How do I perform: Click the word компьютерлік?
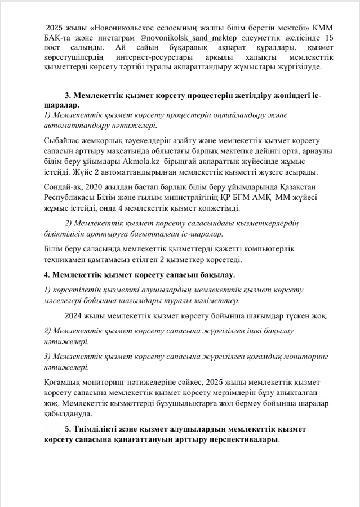click(270, 249)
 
